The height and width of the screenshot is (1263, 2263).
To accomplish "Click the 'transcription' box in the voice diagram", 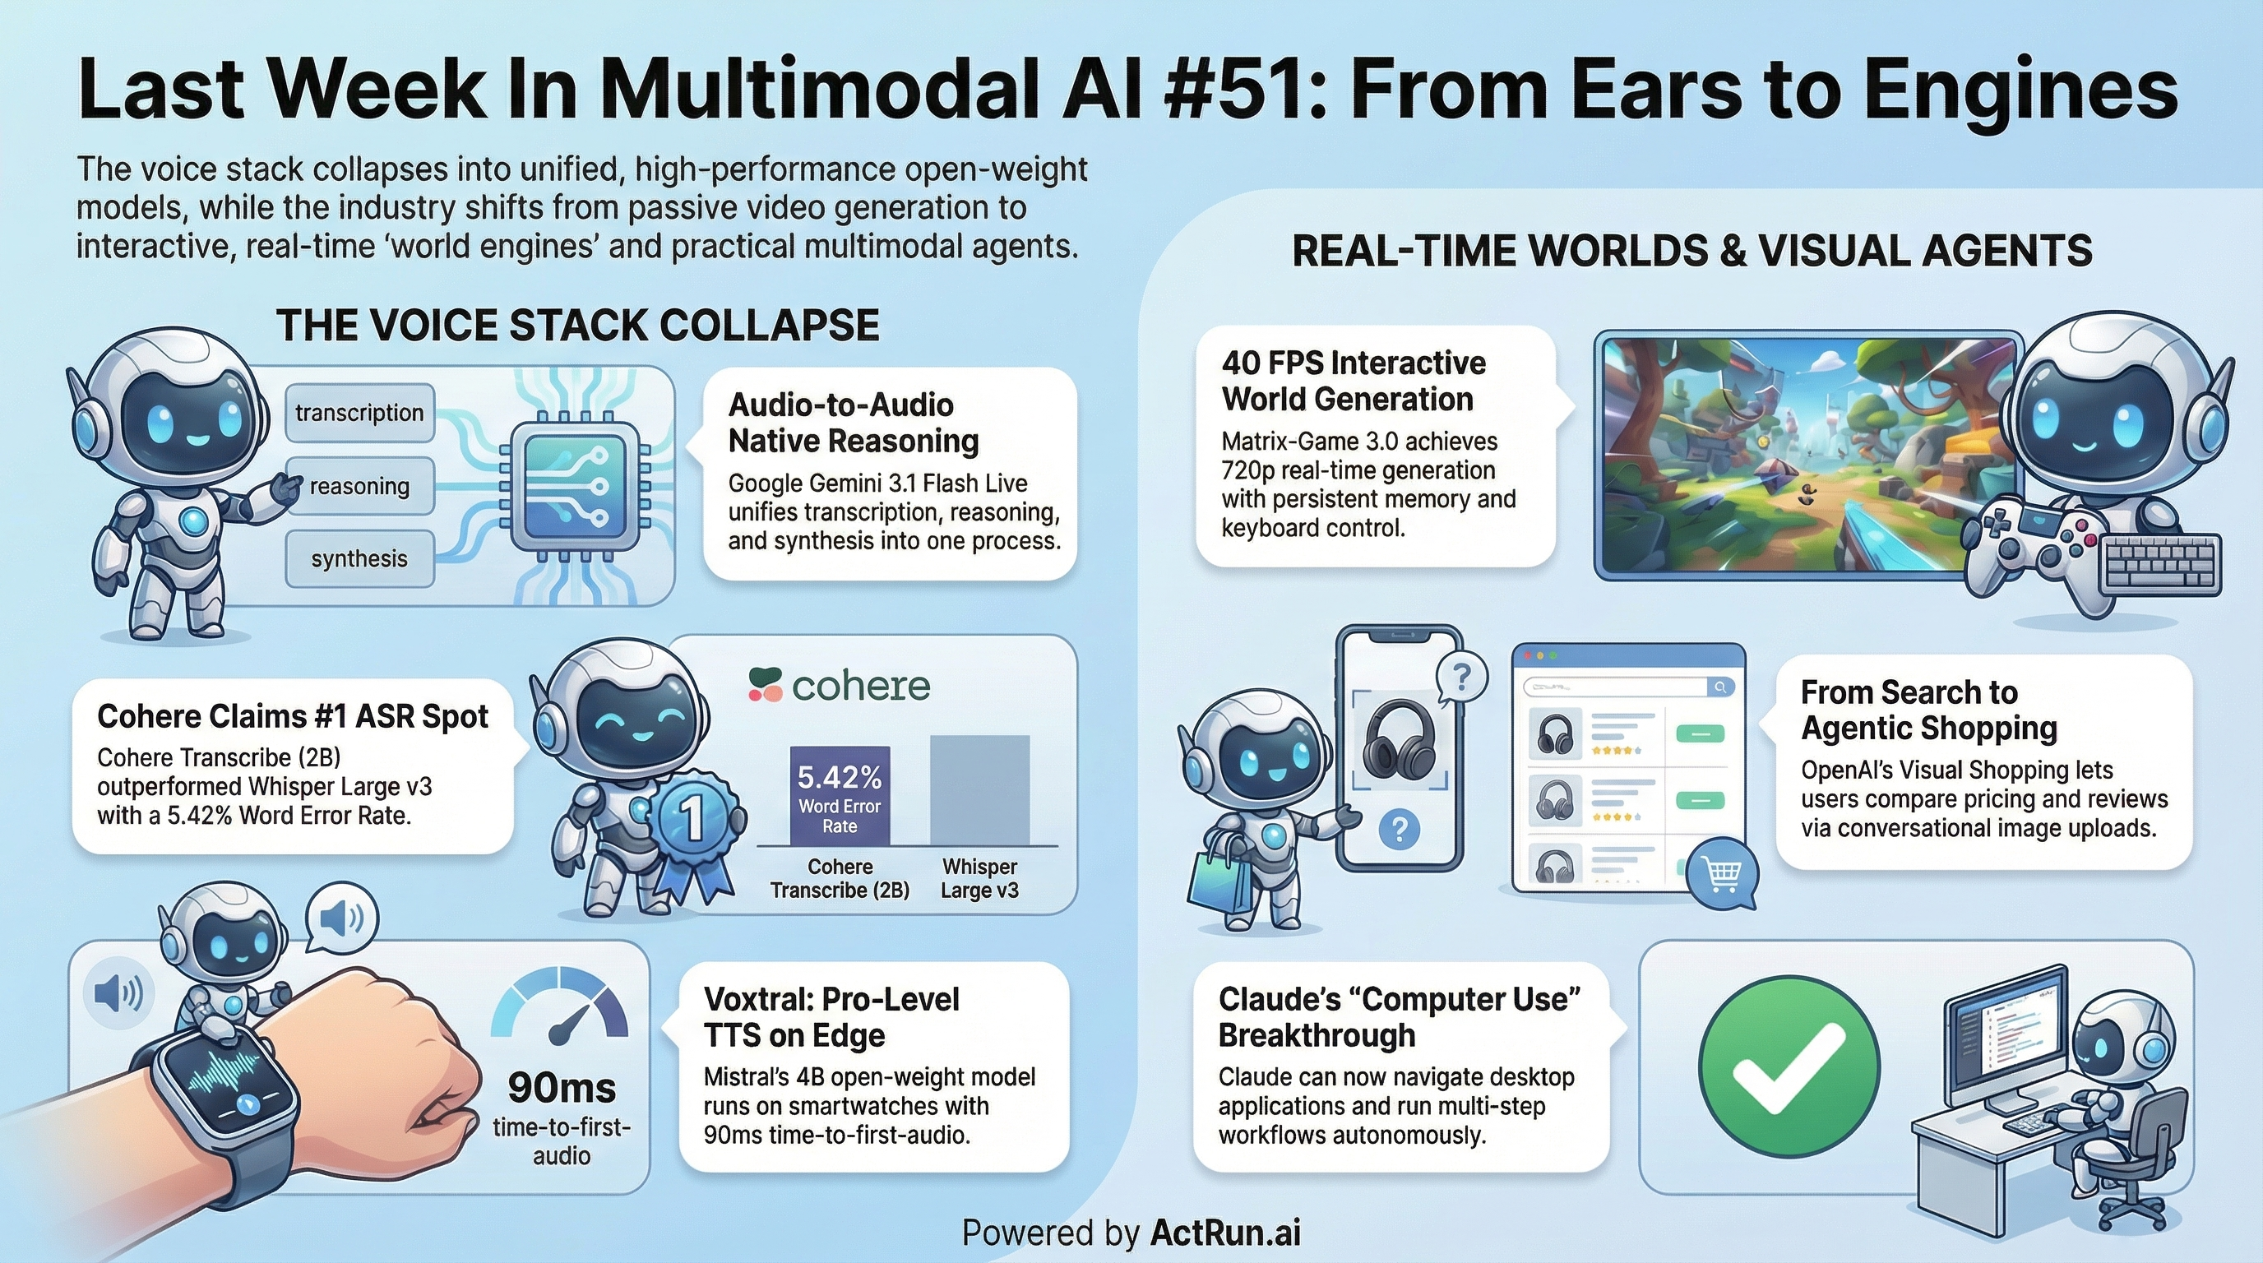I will [359, 413].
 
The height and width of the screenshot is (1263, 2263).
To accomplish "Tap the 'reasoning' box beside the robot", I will [359, 486].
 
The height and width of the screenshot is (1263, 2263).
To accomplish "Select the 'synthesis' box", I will [359, 558].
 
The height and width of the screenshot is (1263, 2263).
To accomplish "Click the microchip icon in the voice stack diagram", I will [575, 485].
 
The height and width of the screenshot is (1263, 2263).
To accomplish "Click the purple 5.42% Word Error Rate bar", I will [840, 796].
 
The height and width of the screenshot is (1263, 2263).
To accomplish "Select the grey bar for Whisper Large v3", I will [979, 789].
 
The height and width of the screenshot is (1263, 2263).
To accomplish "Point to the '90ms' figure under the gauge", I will [562, 1088].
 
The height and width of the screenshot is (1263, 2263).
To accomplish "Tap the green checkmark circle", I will [1789, 1066].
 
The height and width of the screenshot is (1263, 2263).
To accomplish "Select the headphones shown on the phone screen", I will [1399, 737].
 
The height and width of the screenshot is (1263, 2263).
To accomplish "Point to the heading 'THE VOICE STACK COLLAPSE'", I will [577, 326].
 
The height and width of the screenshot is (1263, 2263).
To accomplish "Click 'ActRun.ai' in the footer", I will [1224, 1233].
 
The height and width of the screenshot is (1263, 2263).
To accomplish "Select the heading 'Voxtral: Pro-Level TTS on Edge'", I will [831, 1017].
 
